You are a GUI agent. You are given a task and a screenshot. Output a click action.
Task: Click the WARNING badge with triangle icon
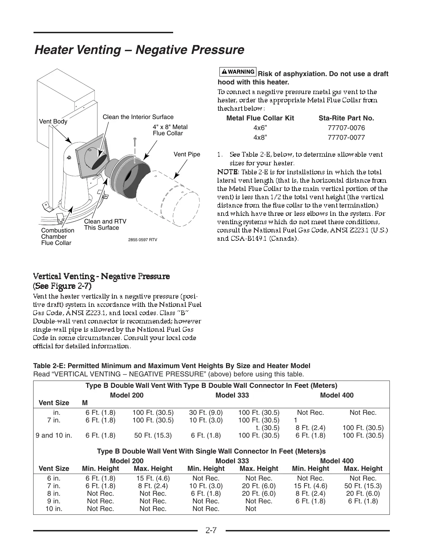[238, 72]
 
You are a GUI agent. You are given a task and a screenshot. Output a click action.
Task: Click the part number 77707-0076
[346, 128]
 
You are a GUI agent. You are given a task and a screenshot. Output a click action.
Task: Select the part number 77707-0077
[346, 137]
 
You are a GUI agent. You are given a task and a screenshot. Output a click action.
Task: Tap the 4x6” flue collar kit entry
[260, 128]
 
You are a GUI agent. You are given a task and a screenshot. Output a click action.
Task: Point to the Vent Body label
[53, 121]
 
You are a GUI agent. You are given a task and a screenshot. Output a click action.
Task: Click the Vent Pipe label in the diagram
[187, 154]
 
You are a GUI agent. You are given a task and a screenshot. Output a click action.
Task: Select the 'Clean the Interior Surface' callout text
[138, 117]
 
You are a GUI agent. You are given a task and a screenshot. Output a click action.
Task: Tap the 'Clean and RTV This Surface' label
[105, 225]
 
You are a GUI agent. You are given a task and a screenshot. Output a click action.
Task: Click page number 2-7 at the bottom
[211, 530]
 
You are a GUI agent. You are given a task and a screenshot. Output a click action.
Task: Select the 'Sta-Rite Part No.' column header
[346, 118]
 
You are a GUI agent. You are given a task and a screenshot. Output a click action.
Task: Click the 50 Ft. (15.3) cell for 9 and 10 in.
[153, 435]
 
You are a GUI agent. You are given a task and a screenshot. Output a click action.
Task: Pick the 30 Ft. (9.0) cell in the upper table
[206, 412]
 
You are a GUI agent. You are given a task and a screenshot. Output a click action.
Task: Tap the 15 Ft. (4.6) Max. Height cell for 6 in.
[153, 478]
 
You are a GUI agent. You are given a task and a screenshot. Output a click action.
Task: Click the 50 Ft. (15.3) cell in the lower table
[363, 486]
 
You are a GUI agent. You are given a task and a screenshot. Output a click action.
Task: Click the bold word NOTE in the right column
[228, 172]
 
